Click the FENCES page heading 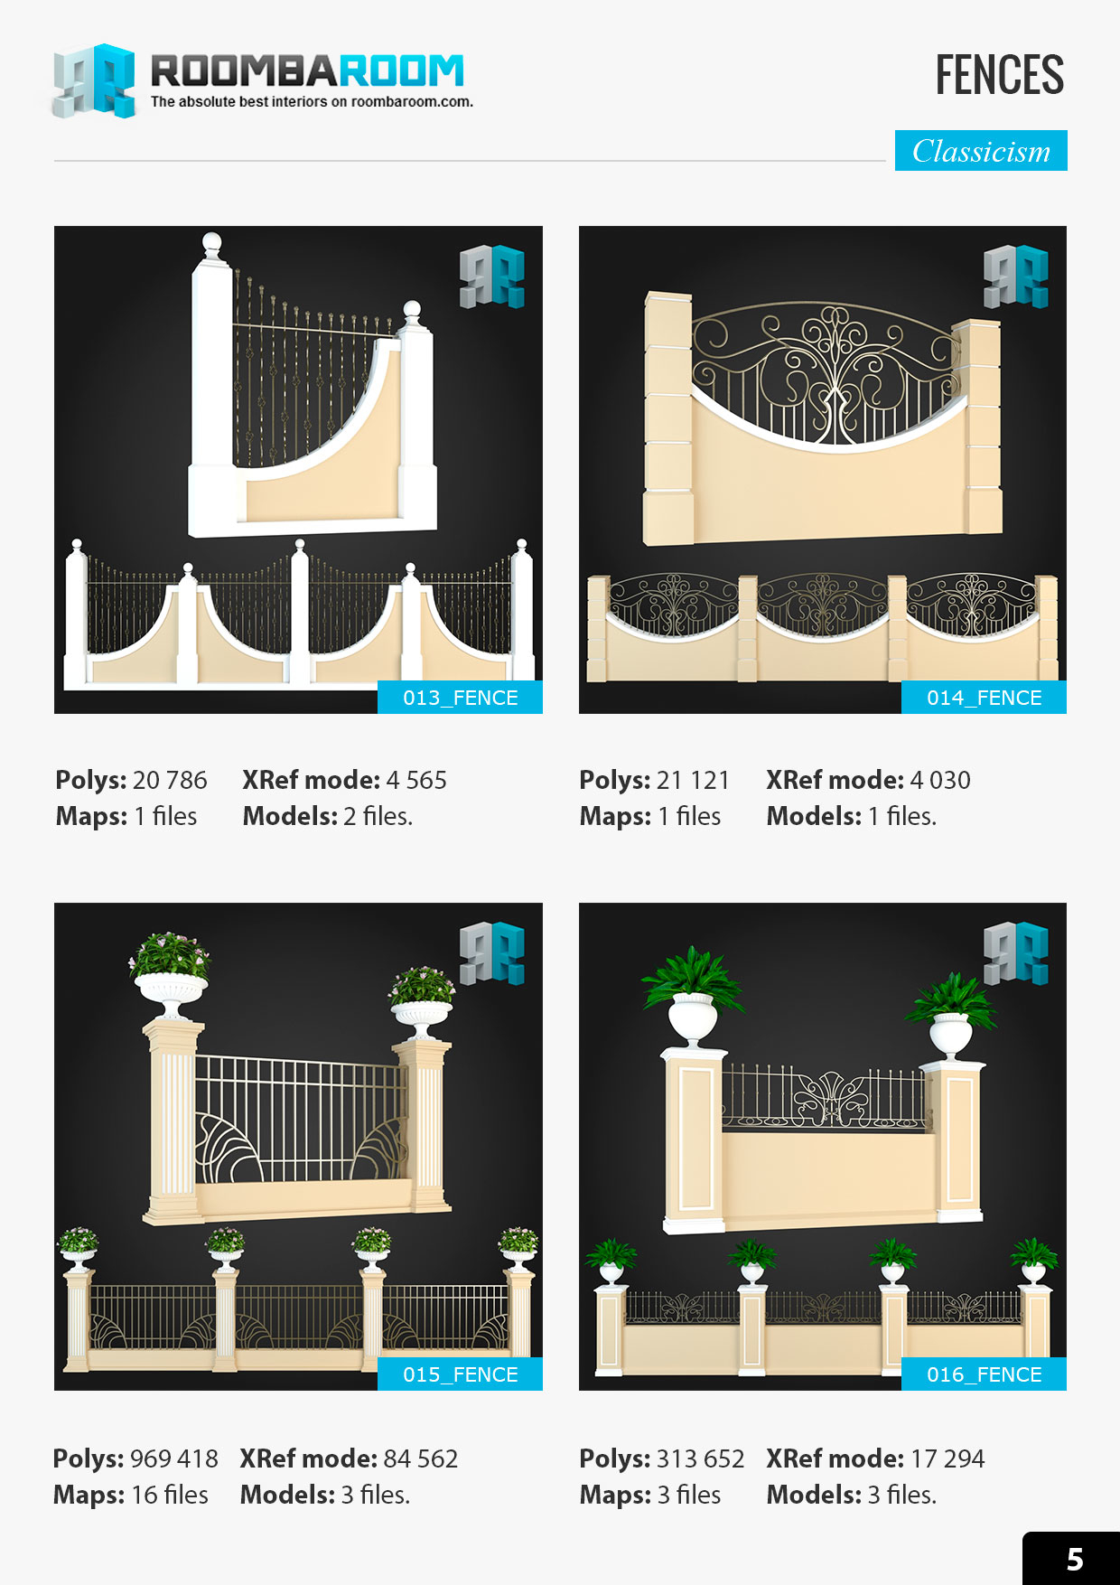click(x=999, y=75)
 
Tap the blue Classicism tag click(x=981, y=151)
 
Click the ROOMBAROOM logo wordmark click(x=307, y=70)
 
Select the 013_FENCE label click(x=460, y=698)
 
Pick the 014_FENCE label click(x=984, y=698)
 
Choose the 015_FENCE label click(x=460, y=1374)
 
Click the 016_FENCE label click(x=984, y=1374)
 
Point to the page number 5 click(x=1074, y=1560)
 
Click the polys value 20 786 click(x=170, y=780)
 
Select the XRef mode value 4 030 click(x=940, y=780)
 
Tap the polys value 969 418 click(x=174, y=1458)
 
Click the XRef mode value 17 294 click(x=947, y=1458)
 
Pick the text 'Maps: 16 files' click(x=131, y=1495)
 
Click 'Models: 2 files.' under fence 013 click(x=328, y=816)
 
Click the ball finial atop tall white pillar click(x=211, y=243)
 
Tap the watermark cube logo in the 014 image click(x=1016, y=276)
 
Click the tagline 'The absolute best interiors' click(x=312, y=102)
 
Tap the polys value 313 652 click(x=700, y=1458)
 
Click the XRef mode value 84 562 click(x=421, y=1458)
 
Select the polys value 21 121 click(x=693, y=780)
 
